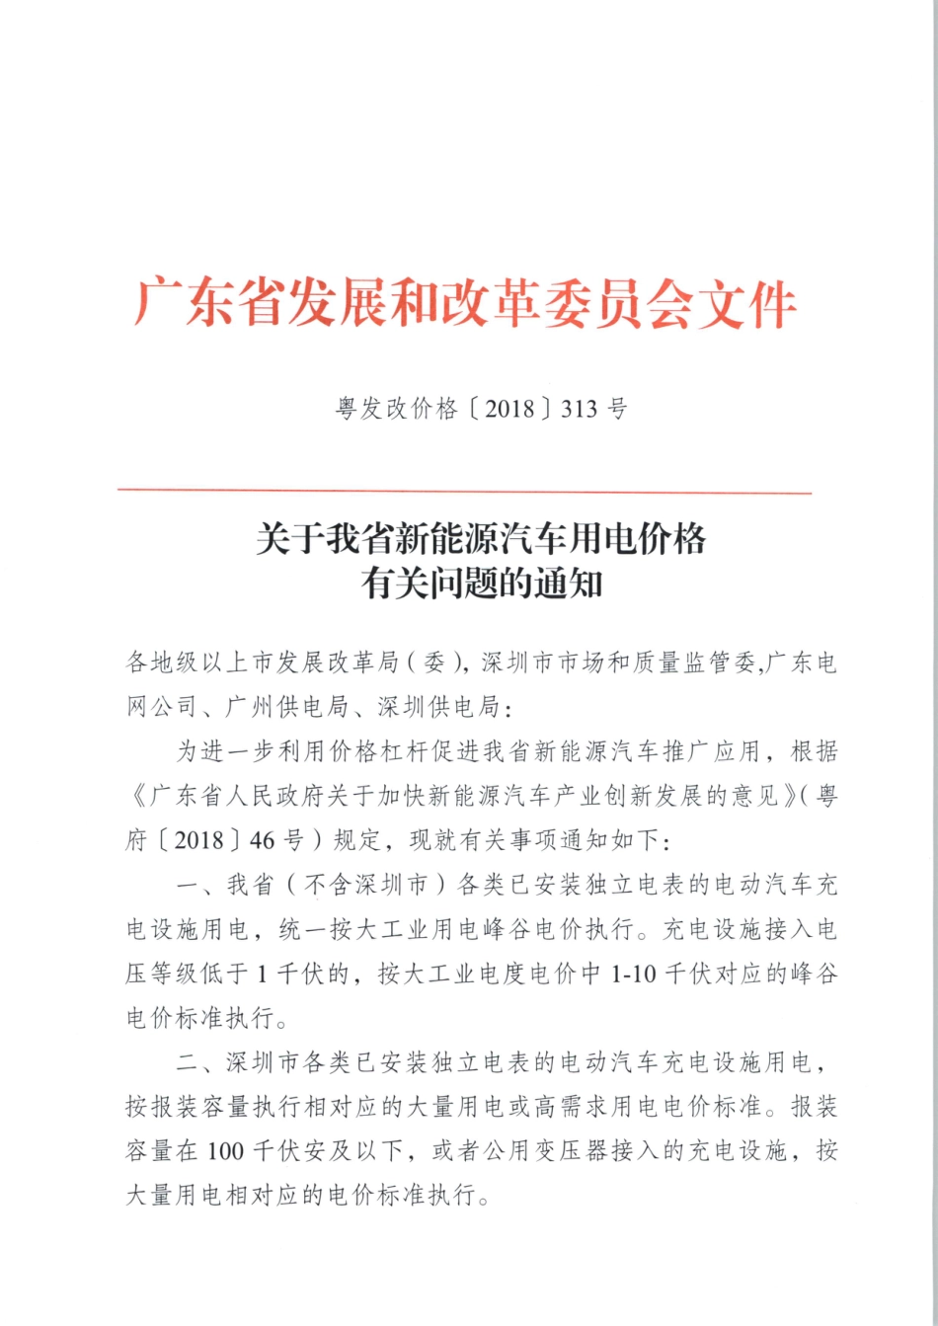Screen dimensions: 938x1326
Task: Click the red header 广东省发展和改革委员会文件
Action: (x=465, y=303)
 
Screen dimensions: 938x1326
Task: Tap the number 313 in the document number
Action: (x=580, y=409)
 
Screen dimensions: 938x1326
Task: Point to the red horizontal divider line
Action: (x=464, y=491)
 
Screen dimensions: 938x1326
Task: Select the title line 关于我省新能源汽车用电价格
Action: (x=481, y=539)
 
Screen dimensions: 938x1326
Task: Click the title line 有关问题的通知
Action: (x=481, y=584)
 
